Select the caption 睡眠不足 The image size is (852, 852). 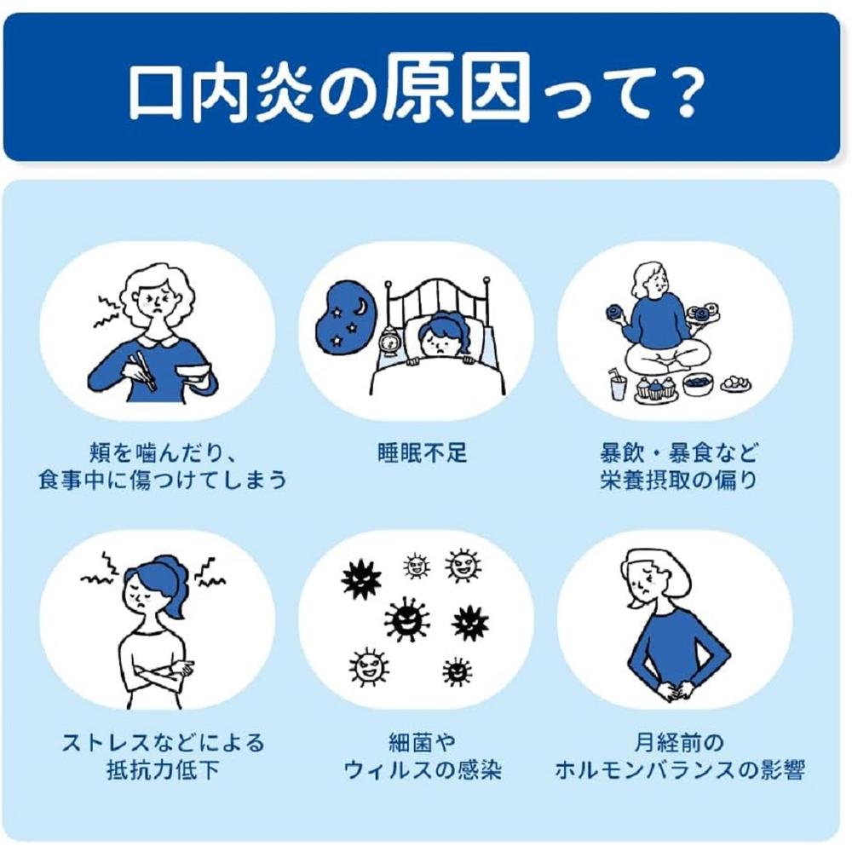[423, 452]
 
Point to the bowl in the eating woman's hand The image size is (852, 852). [193, 373]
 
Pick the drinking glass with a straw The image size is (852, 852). [618, 383]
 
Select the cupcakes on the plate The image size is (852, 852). [656, 389]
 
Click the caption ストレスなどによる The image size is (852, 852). [163, 742]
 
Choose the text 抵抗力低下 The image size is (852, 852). [163, 769]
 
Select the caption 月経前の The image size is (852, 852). [679, 742]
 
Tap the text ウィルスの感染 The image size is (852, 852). [423, 769]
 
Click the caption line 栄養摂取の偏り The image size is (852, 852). [678, 480]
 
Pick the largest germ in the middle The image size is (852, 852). [406, 619]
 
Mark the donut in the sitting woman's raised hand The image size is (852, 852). [614, 314]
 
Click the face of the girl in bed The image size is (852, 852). [441, 343]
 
